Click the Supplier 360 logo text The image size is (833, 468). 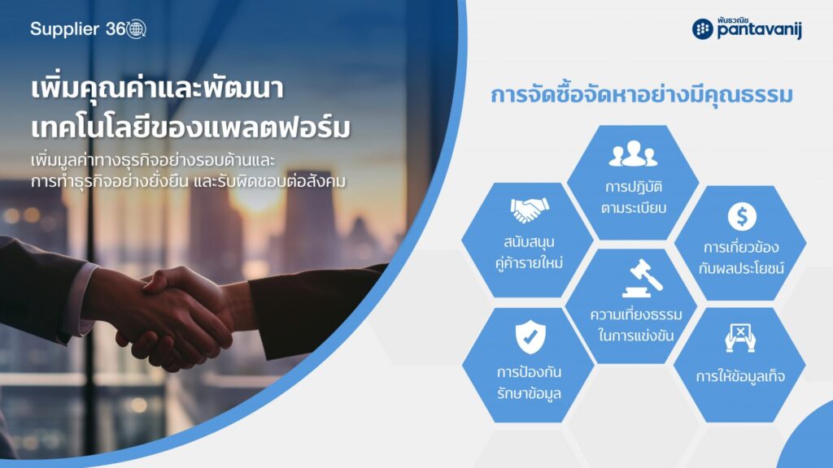pyautogui.click(x=88, y=28)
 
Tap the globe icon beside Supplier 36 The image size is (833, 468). pyautogui.click(x=136, y=28)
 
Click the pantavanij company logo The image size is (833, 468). pyautogui.click(x=747, y=28)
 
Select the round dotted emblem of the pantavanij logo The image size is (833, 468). pyautogui.click(x=702, y=28)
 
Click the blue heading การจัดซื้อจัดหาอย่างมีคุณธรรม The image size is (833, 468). pyautogui.click(x=641, y=94)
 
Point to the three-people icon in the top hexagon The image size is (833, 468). pyautogui.click(x=633, y=154)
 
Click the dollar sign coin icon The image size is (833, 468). pyautogui.click(x=742, y=216)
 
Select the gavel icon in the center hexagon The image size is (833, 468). pyautogui.click(x=643, y=278)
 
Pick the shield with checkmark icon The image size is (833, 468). pyautogui.click(x=530, y=336)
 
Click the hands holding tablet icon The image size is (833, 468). pyautogui.click(x=740, y=338)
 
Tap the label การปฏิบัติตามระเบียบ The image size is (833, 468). pyautogui.click(x=633, y=197)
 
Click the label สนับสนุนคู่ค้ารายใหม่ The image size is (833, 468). pyautogui.click(x=529, y=253)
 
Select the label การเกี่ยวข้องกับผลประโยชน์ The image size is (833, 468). pyautogui.click(x=741, y=258)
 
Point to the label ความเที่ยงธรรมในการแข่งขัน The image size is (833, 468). pyautogui.click(x=636, y=325)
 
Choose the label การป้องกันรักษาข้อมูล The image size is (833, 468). pyautogui.click(x=529, y=382)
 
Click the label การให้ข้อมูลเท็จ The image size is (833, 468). pyautogui.click(x=740, y=376)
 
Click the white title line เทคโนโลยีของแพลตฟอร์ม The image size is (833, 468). pyautogui.click(x=190, y=128)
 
